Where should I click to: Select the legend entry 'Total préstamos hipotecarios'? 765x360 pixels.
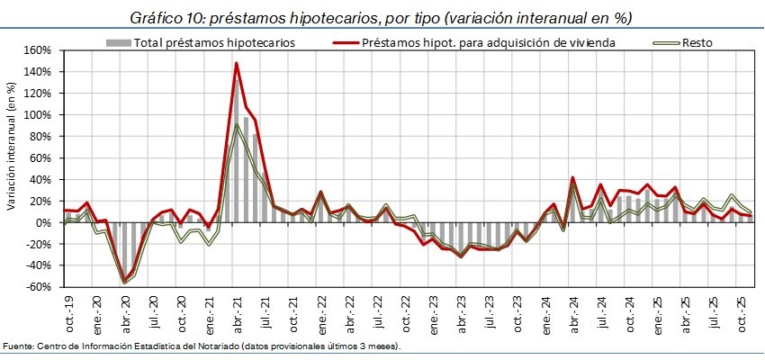tap(213, 42)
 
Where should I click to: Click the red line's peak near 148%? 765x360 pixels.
tap(236, 63)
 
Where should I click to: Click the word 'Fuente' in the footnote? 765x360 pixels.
tap(17, 346)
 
